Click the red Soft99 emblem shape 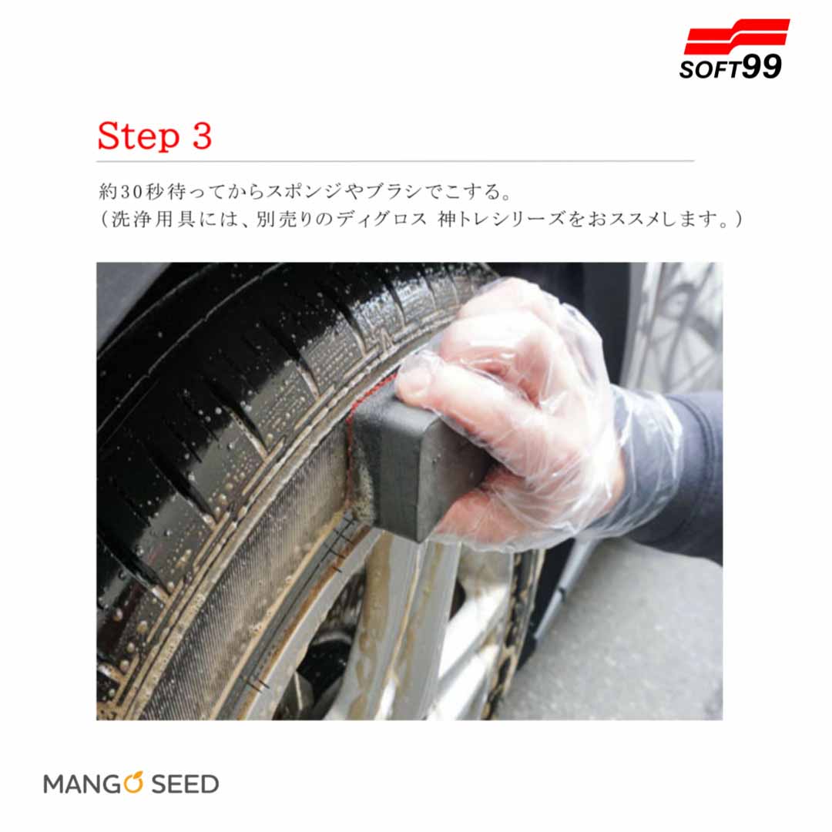click(x=736, y=36)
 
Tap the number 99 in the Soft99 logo click(x=761, y=67)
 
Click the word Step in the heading click(x=139, y=137)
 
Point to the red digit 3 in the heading click(x=202, y=136)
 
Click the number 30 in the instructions click(x=132, y=192)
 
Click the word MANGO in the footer click(x=93, y=784)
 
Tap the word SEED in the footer click(x=185, y=784)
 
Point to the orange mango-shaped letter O click(x=133, y=783)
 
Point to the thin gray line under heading click(x=395, y=161)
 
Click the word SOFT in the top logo click(x=710, y=70)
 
